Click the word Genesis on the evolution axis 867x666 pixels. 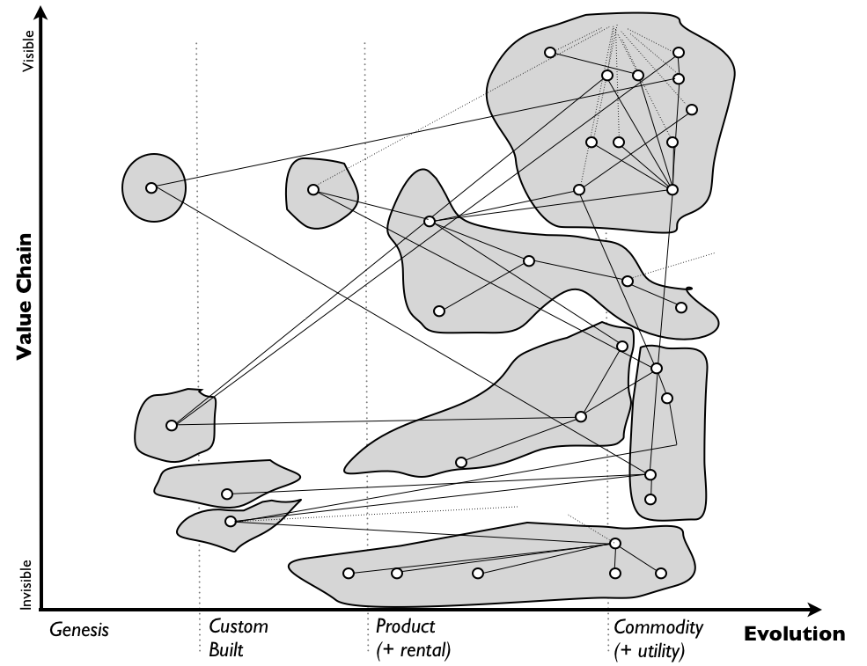tap(78, 630)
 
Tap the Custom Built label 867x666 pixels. tap(238, 639)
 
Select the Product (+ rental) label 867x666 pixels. tap(412, 639)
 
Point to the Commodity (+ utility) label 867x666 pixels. tap(658, 639)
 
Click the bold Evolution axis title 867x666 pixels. tap(794, 633)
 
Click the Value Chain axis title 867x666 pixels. tap(25, 296)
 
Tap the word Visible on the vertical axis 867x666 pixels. tap(28, 52)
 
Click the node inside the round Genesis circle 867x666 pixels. tap(151, 187)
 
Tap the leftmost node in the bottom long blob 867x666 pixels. tap(349, 574)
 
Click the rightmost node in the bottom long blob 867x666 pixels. tap(661, 573)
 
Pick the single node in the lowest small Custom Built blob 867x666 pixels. tap(231, 521)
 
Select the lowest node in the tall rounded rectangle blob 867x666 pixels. tap(650, 499)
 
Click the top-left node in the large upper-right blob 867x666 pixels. tap(550, 53)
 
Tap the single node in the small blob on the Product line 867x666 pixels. tap(312, 189)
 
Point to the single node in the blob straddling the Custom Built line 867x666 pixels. tap(172, 425)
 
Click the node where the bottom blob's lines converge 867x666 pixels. tap(615, 543)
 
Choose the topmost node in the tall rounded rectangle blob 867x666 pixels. tap(656, 368)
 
